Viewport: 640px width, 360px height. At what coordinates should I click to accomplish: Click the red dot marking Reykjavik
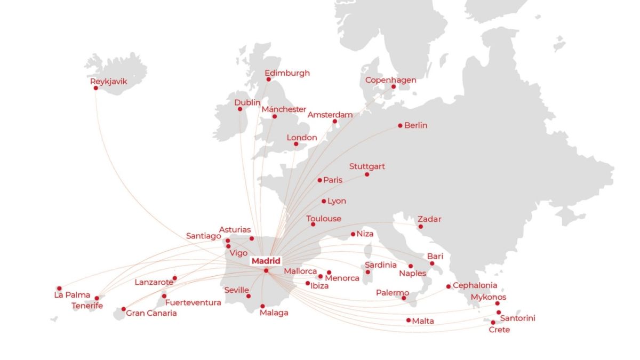point(96,88)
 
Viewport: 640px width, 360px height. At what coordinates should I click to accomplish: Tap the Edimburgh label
point(287,73)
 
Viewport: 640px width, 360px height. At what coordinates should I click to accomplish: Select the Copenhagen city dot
point(394,87)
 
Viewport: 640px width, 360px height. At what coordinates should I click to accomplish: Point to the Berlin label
point(416,125)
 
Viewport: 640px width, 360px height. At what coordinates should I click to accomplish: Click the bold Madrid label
point(266,261)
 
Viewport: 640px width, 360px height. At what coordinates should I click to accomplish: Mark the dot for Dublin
point(240,109)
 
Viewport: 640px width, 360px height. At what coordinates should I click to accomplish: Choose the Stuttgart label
point(367,166)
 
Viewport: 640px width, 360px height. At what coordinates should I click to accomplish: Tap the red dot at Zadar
point(421,227)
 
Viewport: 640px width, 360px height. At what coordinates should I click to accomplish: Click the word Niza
point(365,234)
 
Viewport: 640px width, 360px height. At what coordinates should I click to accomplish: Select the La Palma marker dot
point(59,289)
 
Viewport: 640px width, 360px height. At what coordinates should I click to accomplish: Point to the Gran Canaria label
point(151,313)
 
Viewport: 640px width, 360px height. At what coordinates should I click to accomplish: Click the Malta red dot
point(409,321)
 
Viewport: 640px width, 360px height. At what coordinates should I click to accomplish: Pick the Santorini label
point(518,318)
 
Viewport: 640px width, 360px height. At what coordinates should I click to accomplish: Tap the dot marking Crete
point(493,323)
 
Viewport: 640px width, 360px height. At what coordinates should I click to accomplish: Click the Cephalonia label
point(475,285)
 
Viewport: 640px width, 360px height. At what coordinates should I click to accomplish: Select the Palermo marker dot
point(404,298)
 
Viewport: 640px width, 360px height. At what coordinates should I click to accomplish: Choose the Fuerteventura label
point(193,302)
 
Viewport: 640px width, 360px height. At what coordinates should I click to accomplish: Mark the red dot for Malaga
point(262,306)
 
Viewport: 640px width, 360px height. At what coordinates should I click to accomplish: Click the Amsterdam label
point(330,115)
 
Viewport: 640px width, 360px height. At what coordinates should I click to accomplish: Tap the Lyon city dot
point(324,202)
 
